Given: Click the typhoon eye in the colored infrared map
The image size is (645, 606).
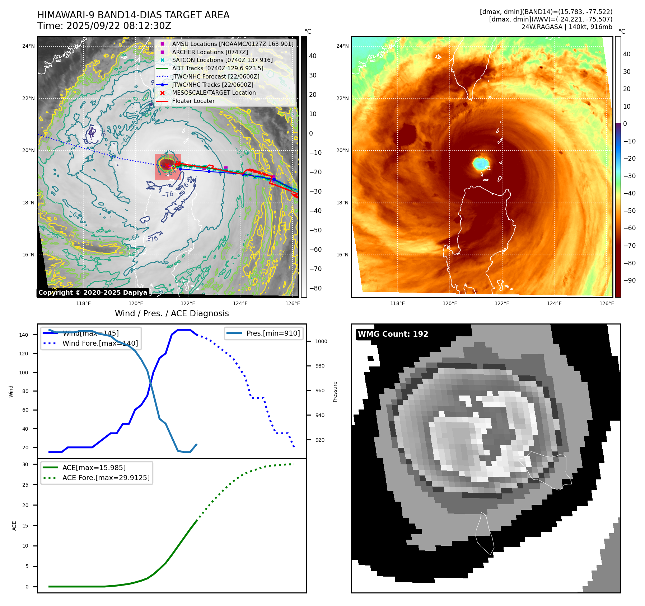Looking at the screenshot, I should [481, 164].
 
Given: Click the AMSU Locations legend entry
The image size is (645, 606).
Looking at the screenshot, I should [233, 44].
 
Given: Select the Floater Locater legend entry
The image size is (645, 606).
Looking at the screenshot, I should [193, 101].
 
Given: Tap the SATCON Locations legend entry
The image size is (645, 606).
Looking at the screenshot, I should [222, 60].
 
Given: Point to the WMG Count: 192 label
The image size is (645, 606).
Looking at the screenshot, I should [393, 334].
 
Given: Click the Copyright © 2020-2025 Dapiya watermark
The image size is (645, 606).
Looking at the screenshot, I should [93, 293].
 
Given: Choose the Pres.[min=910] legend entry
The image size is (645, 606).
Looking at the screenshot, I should [273, 333].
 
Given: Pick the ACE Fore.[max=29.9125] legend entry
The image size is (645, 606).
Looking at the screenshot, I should [106, 478].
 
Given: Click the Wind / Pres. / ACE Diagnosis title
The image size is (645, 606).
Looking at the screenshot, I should [172, 313].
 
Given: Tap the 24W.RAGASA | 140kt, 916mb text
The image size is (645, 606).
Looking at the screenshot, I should [567, 27].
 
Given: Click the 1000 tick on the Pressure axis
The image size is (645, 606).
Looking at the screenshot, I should [321, 341].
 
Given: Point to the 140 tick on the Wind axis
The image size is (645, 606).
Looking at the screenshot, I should [24, 335].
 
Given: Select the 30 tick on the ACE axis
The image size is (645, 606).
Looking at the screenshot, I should [25, 464].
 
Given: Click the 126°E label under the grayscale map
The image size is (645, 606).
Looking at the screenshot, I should [293, 304].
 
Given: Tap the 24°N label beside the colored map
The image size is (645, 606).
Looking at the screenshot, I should [342, 46].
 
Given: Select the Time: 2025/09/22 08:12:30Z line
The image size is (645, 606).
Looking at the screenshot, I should [104, 26].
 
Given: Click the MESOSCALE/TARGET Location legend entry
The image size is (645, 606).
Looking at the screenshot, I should [214, 93].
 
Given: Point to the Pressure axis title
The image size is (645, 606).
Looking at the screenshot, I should [335, 391].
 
